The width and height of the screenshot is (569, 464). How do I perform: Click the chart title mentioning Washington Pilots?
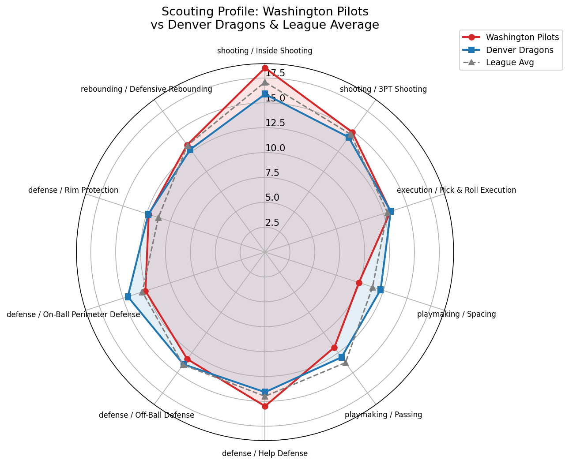coord(265,18)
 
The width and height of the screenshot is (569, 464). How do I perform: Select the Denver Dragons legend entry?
coord(520,50)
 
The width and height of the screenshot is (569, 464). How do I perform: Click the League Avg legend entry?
coord(510,62)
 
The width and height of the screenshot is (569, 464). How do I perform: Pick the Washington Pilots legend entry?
coord(522,37)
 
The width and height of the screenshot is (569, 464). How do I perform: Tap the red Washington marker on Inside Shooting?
coord(265,68)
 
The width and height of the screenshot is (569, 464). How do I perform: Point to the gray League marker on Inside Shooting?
coord(265,82)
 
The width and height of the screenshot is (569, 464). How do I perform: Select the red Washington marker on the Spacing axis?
coord(359,283)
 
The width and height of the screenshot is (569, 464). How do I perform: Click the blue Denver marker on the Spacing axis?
coord(381,290)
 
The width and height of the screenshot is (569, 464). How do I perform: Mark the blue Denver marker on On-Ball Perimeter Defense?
coord(128,297)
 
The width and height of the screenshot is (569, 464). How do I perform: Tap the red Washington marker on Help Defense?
coord(265,406)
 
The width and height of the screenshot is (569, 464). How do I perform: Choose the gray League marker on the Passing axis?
coord(346,363)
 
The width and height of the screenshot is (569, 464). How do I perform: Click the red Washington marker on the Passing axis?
coord(334,348)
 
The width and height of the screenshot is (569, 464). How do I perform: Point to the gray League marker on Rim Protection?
coord(158,217)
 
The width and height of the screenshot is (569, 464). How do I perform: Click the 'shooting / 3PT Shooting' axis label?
coord(383,90)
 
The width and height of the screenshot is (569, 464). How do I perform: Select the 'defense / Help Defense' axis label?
coord(265,453)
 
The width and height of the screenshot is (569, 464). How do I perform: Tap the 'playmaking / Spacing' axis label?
coord(456,314)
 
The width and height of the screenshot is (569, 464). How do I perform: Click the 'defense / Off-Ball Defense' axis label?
coord(147,415)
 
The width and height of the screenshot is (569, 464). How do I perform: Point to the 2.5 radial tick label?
coord(272,223)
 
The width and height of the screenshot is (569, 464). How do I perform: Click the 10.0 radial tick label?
coord(275,148)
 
